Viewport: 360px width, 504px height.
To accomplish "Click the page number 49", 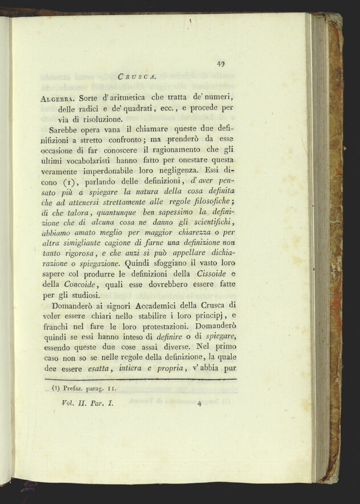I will pyautogui.click(x=220, y=64).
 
